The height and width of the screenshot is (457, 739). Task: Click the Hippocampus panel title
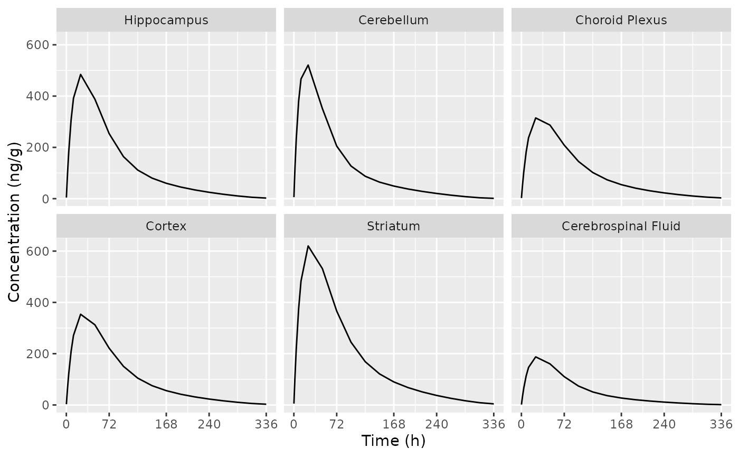point(166,21)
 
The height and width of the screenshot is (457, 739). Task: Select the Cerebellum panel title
point(393,21)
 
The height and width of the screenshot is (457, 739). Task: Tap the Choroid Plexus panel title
point(621,21)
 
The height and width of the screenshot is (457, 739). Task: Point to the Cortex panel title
point(166,227)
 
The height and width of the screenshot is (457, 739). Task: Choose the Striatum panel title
point(393,227)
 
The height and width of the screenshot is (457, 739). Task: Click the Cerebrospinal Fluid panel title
point(621,227)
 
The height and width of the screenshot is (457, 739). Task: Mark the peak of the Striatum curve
point(308,246)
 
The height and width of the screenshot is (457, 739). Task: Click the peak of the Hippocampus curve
point(80,74)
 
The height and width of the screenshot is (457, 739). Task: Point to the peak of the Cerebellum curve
point(308,65)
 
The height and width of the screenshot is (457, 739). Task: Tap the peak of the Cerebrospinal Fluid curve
point(536,357)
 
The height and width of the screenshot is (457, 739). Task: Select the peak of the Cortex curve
point(80,314)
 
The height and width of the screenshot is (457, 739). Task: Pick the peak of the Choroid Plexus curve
point(536,118)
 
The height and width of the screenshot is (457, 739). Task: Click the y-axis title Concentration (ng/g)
point(14,222)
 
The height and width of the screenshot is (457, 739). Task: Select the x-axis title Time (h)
point(393,441)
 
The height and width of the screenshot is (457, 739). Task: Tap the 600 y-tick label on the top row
point(37,45)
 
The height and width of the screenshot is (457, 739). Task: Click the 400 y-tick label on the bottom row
point(37,303)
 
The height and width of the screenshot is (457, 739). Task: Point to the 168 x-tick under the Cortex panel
point(166,424)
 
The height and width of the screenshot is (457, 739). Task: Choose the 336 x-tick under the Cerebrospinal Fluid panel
point(721,424)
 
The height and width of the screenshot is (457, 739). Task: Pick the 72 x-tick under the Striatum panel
point(336,424)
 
